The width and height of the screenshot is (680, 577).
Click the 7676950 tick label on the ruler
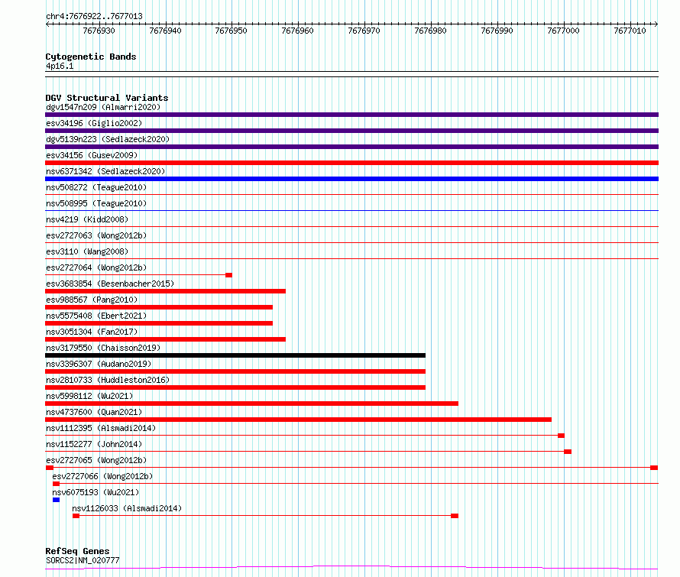(x=232, y=31)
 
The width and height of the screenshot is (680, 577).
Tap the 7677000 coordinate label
(x=563, y=31)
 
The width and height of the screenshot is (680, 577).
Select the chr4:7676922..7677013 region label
(x=94, y=16)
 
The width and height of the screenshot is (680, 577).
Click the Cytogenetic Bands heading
(x=91, y=57)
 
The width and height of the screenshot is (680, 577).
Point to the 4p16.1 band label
(x=60, y=66)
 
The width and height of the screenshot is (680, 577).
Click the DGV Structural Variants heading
(x=107, y=98)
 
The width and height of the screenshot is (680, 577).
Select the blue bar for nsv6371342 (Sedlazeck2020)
(x=351, y=179)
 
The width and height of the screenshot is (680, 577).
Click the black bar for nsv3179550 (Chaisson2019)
(x=235, y=355)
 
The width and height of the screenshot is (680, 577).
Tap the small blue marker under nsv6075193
(x=56, y=500)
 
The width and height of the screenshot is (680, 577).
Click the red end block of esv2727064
(x=228, y=275)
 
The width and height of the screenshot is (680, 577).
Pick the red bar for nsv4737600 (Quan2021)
(x=299, y=420)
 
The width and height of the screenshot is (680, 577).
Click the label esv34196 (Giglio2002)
(x=94, y=123)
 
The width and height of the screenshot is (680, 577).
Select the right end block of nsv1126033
(x=455, y=516)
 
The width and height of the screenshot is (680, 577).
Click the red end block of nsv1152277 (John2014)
(x=568, y=452)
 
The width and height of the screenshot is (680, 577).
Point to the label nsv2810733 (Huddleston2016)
(x=108, y=380)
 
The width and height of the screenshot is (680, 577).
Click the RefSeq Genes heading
(x=77, y=551)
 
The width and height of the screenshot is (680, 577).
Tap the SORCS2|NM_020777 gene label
(x=83, y=560)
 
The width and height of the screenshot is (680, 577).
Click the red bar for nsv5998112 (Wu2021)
(x=251, y=404)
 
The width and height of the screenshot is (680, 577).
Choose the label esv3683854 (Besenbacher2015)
(x=110, y=284)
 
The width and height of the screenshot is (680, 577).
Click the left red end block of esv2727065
(x=50, y=468)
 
